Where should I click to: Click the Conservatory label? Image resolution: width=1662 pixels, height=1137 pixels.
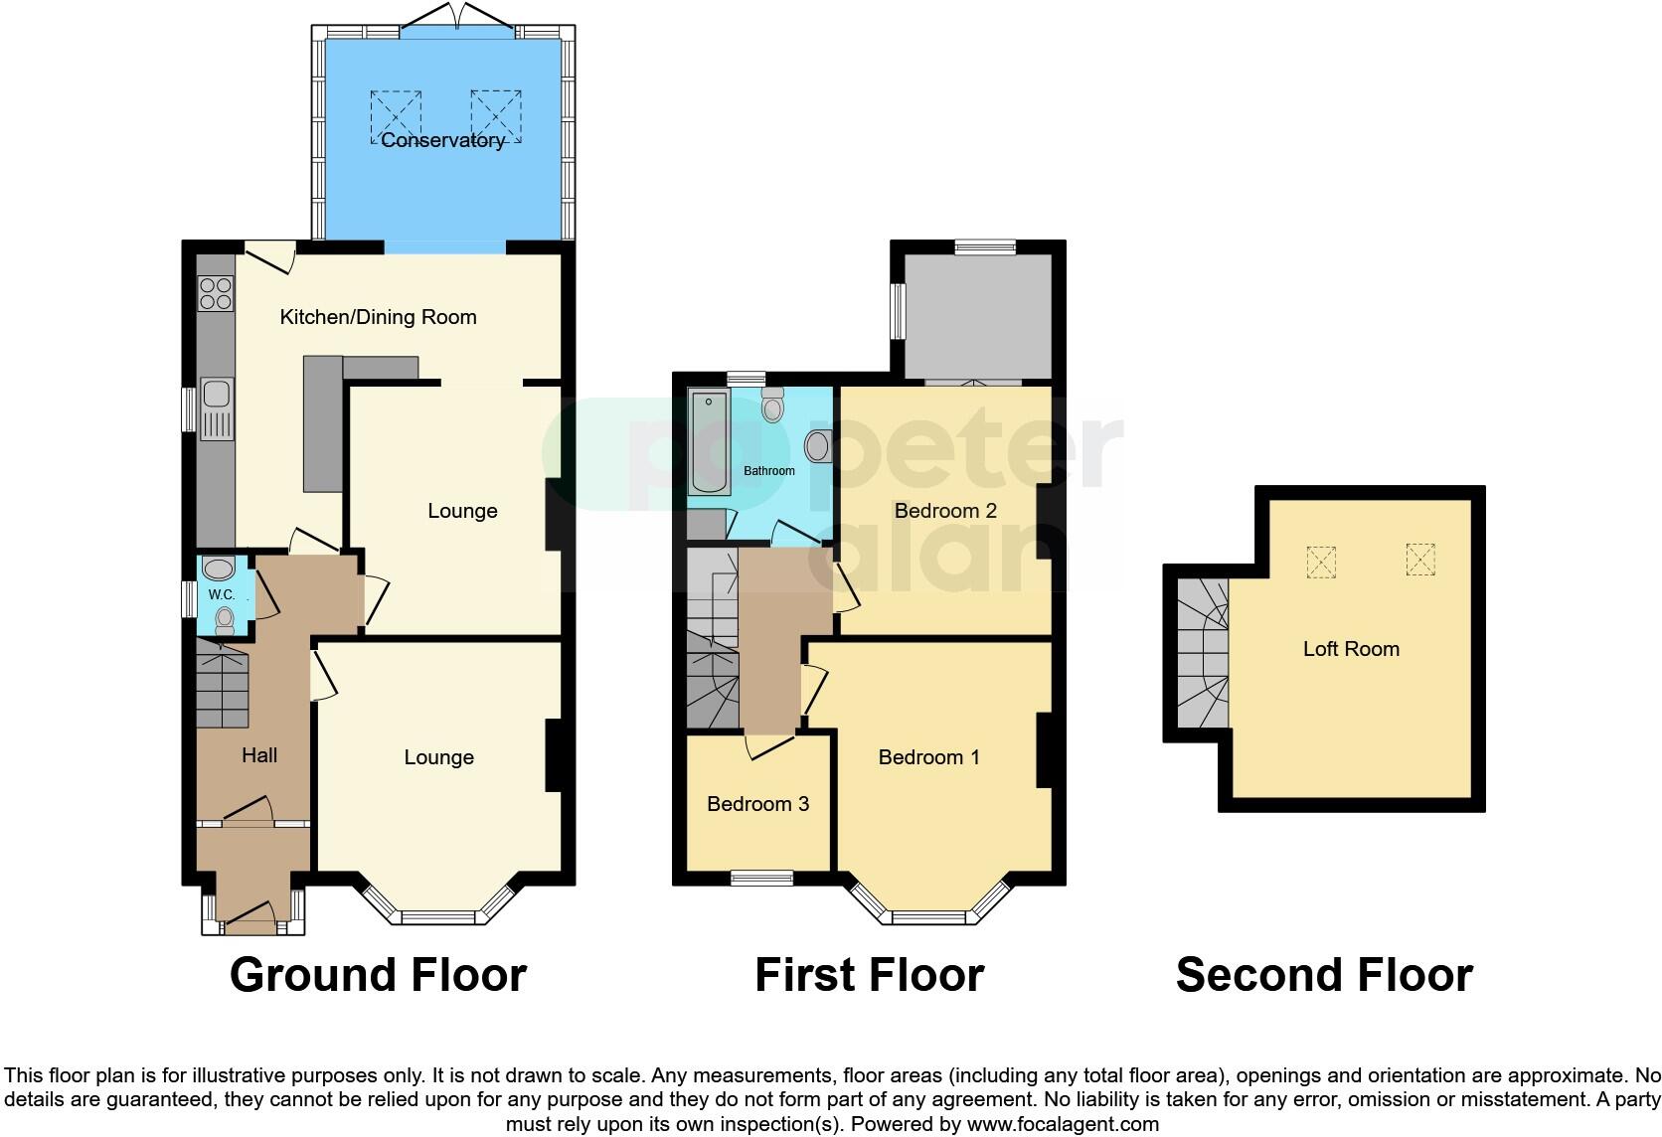442,141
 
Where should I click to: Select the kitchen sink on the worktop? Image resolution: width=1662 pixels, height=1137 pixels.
216,408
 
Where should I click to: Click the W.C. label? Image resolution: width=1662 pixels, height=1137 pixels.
221,594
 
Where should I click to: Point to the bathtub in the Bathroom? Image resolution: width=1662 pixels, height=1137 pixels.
709,443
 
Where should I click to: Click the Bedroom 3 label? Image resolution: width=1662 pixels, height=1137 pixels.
757,803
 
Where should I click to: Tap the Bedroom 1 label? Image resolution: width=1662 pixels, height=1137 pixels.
928,757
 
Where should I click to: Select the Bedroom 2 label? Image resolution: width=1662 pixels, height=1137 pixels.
944,511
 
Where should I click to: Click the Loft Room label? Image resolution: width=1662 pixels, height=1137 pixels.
1350,649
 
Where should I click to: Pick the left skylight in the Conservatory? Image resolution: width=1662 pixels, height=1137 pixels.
397,115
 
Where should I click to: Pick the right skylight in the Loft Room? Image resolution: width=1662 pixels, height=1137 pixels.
1420,559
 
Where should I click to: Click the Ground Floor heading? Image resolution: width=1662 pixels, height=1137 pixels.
378,975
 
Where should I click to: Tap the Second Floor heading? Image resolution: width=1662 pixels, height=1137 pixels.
1324,975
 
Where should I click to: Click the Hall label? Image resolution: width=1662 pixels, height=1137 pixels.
259,755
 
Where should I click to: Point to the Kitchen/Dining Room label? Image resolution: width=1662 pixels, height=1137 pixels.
378,317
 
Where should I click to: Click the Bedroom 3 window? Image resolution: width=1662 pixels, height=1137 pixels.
761,877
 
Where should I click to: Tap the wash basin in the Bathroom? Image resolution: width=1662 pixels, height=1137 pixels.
818,446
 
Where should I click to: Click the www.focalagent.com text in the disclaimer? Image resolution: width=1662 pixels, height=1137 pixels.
1063,1125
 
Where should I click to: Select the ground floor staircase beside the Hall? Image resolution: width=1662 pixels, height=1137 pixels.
221,686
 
